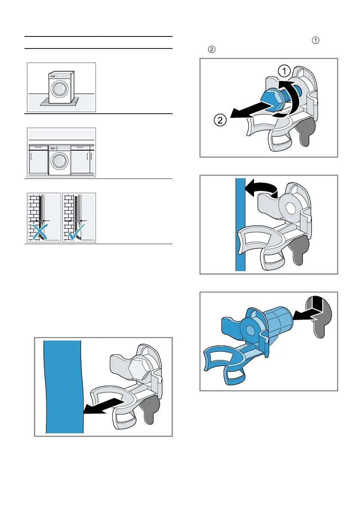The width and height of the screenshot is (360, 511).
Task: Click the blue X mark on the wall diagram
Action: pyautogui.click(x=39, y=231)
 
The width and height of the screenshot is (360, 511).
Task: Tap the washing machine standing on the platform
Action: pyautogui.click(x=60, y=88)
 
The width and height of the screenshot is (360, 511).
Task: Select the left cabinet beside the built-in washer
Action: pyautogui.click(x=38, y=160)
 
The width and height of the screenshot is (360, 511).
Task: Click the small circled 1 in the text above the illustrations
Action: pyautogui.click(x=316, y=41)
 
